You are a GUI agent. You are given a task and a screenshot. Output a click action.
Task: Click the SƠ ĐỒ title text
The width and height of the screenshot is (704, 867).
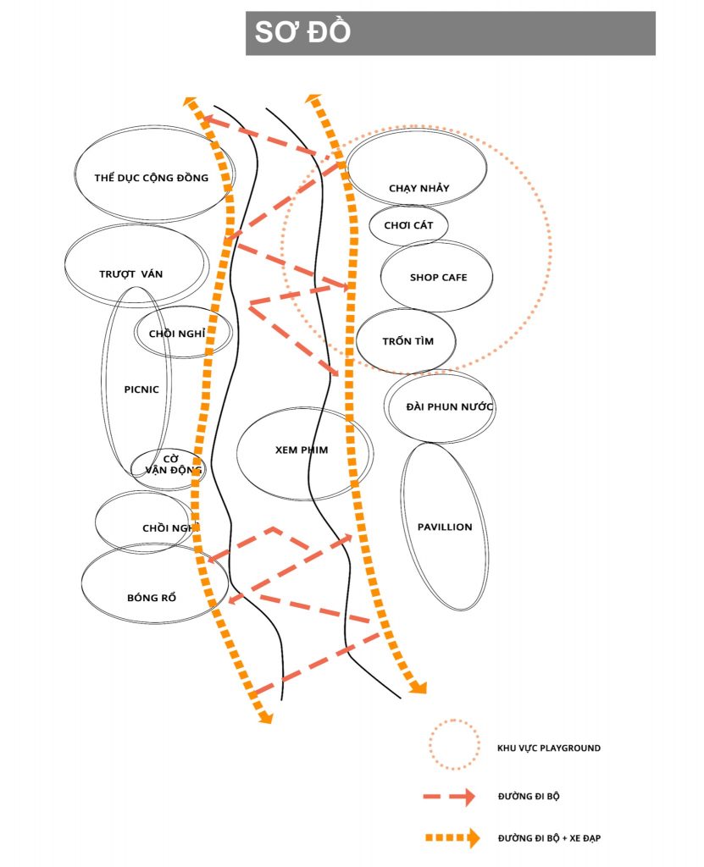click(x=302, y=31)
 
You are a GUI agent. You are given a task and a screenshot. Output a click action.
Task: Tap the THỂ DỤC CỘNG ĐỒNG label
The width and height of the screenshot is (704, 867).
click(x=151, y=178)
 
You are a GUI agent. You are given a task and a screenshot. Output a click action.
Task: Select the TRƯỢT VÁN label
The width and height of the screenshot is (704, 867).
click(x=130, y=273)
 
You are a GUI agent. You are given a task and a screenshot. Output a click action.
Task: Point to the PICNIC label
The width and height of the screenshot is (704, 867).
click(x=141, y=389)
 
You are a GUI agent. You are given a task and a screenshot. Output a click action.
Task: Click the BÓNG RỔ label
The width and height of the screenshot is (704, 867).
click(x=152, y=597)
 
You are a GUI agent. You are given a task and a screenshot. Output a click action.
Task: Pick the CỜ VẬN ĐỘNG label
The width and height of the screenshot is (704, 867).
click(x=173, y=465)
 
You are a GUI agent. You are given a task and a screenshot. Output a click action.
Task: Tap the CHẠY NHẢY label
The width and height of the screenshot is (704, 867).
click(x=419, y=188)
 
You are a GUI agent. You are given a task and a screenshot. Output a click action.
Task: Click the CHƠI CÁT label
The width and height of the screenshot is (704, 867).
click(x=408, y=225)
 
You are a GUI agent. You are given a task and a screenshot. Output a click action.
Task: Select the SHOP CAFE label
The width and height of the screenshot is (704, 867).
click(x=438, y=277)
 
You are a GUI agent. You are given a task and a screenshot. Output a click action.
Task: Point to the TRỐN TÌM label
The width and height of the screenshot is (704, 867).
click(x=407, y=341)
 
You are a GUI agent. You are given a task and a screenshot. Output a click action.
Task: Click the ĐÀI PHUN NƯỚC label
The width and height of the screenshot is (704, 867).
click(x=449, y=407)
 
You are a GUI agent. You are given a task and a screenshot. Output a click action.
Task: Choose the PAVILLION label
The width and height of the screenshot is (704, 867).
click(x=445, y=527)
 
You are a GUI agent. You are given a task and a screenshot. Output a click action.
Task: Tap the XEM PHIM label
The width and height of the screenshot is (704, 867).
click(x=302, y=450)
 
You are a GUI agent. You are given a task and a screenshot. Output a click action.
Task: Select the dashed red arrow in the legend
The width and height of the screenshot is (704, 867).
click(x=449, y=796)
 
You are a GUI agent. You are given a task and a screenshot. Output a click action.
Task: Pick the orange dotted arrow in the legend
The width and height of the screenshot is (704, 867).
click(x=452, y=837)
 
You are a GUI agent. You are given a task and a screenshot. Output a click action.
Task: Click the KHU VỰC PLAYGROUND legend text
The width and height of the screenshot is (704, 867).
click(x=548, y=748)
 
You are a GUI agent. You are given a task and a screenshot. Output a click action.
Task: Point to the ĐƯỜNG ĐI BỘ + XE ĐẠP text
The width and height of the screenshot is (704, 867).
click(x=549, y=838)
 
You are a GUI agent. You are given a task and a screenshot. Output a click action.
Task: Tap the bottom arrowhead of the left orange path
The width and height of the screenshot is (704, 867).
click(x=266, y=717)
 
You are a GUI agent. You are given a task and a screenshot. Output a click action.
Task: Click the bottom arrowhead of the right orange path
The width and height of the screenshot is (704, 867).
click(x=419, y=688)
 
